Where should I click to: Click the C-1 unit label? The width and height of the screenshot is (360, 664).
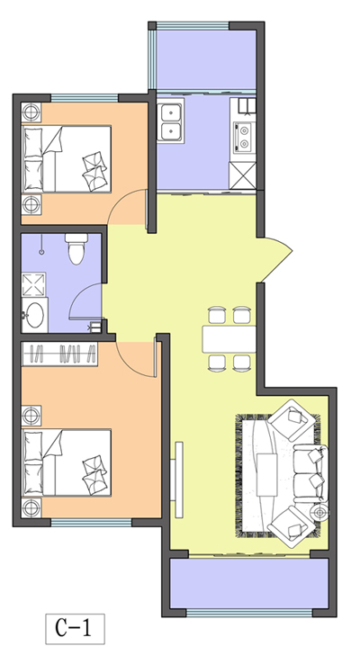pos(75,628)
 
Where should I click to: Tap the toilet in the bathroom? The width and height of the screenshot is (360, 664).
pos(76,249)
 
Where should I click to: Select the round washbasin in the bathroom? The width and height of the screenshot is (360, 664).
pos(34,315)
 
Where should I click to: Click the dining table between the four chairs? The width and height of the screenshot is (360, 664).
pos(229,339)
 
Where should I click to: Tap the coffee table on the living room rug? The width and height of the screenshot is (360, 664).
pos(266,475)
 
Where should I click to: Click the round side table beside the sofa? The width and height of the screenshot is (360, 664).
pos(319,513)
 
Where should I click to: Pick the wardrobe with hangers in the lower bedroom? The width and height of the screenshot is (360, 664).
pos(60,354)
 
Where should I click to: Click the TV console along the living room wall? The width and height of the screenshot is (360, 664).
pos(179,480)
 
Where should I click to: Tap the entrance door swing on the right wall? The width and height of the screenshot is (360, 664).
pos(274,259)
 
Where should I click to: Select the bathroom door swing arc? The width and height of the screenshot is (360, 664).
pos(85,301)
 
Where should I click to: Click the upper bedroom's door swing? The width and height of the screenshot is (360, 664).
pos(127,207)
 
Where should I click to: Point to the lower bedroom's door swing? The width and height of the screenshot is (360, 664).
pos(137,359)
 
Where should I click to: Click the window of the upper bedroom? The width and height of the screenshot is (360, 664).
pos(85,98)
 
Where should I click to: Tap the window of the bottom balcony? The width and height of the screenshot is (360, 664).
pos(249,613)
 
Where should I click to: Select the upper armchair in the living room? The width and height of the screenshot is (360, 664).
pos(292,419)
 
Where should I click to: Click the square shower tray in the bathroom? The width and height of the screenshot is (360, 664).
pos(33,284)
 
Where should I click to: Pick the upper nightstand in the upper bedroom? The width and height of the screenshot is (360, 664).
pos(31,112)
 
